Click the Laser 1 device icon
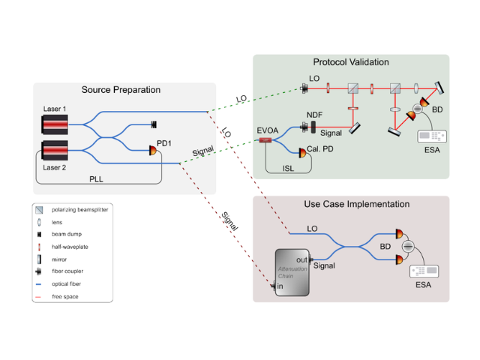pos(56,122)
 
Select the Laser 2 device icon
pos(56,151)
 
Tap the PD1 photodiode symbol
pos(154,150)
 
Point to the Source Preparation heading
pos(121,90)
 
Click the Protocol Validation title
pos(350,61)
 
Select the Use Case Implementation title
pos(356,204)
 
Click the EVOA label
pos(267,130)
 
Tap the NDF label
pos(314,114)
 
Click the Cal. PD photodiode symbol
pos(302,152)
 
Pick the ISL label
pos(289,169)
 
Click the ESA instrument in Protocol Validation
pos(432,136)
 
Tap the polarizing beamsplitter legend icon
pos(39,210)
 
